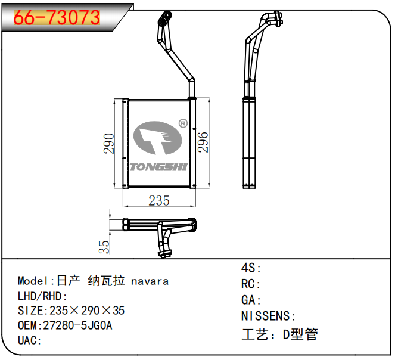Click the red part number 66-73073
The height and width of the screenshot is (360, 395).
tap(57, 17)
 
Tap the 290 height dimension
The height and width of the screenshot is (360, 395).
tap(109, 144)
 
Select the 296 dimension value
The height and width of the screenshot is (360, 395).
tap(203, 142)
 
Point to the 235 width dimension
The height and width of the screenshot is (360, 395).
tap(159, 201)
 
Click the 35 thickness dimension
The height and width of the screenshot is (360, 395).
tap(104, 247)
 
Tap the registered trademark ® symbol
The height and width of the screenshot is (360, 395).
tap(183, 123)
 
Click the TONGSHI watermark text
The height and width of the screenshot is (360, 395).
tap(158, 167)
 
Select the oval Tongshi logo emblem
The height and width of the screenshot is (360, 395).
tap(157, 138)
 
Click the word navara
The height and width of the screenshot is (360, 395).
tap(150, 281)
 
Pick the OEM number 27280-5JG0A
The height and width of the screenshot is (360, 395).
tap(77, 325)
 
